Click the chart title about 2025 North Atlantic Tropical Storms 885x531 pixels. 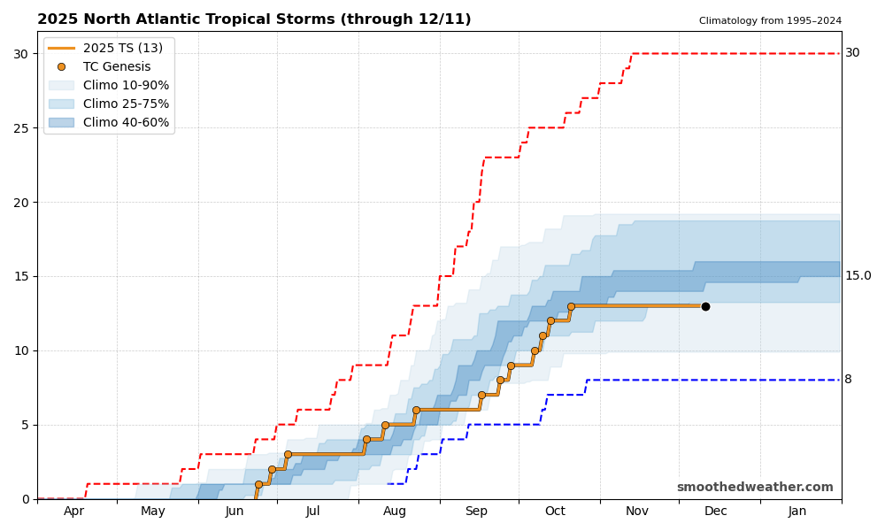coord(254,19)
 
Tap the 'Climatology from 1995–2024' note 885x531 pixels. coord(770,21)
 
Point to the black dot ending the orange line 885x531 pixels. coord(705,306)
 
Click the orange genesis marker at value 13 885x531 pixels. coord(571,306)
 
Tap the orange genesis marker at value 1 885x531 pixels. coord(258,484)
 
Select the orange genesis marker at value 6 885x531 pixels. coord(416,410)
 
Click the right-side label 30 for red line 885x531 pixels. coord(852,53)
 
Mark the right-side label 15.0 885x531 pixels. coord(858,276)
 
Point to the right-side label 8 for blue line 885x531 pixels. coord(848,380)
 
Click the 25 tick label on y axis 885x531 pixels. coord(20,127)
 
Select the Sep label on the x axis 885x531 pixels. coord(476,511)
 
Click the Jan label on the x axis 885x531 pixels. coord(797,511)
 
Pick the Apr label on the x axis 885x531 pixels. coord(74,511)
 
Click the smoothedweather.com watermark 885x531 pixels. coord(755,487)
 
